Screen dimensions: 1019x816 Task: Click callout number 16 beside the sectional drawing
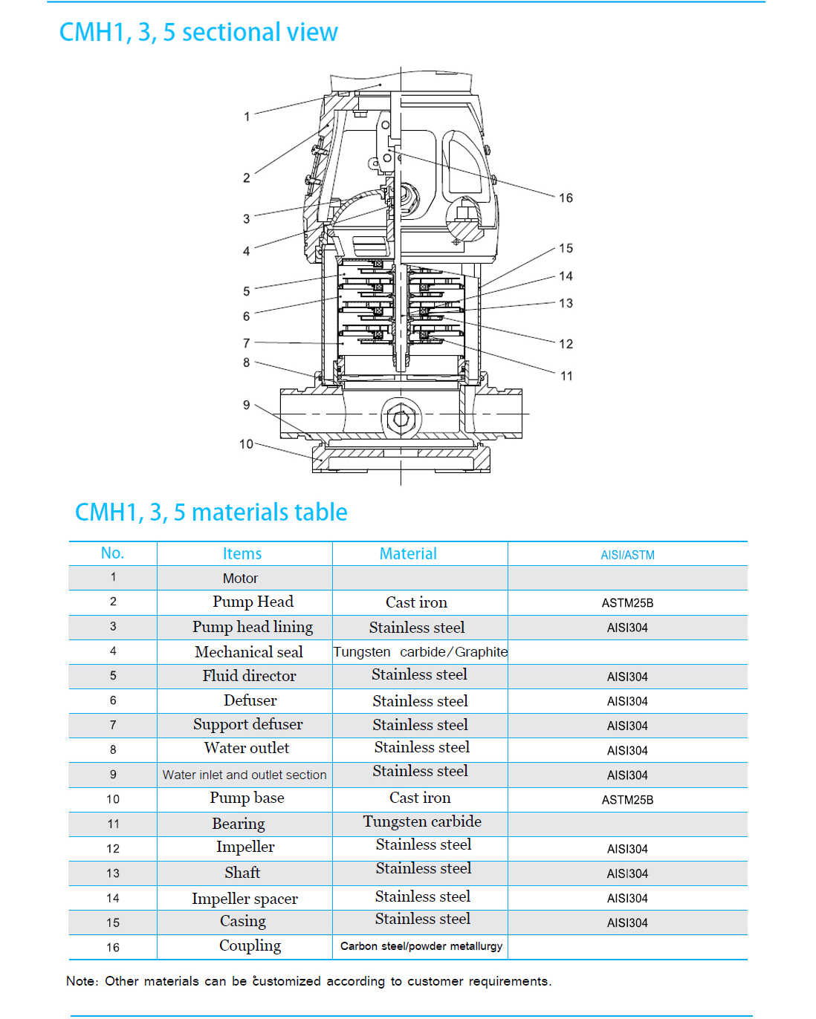(566, 198)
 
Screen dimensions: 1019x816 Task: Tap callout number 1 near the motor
(247, 117)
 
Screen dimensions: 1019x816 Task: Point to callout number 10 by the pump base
(246, 444)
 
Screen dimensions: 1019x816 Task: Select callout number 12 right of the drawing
(566, 344)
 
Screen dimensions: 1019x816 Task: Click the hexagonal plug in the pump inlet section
(401, 418)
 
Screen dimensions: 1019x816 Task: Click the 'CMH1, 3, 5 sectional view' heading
(198, 33)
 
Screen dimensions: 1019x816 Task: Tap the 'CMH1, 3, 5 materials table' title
(211, 512)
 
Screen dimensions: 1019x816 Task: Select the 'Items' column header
(242, 554)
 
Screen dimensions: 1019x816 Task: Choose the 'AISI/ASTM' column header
(627, 555)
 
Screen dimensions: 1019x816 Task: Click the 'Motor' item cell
(240, 579)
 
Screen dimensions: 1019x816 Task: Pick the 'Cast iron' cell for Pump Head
(416, 602)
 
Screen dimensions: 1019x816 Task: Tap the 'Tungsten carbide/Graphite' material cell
(420, 652)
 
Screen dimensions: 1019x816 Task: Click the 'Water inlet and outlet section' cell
(245, 775)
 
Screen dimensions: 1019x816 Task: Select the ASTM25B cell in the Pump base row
(627, 800)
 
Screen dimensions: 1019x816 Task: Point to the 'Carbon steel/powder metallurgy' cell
(421, 946)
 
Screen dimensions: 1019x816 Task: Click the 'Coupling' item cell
(250, 945)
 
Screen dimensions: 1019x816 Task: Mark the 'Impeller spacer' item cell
(245, 899)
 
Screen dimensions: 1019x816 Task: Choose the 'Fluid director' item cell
(249, 676)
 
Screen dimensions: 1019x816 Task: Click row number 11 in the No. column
(113, 824)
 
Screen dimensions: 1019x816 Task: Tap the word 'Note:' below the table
(82, 981)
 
